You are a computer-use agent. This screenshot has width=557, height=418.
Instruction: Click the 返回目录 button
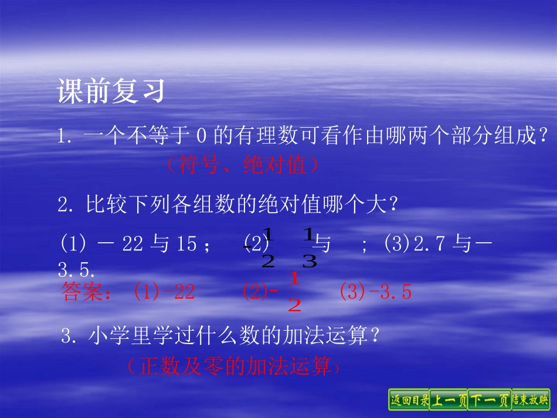tap(409, 400)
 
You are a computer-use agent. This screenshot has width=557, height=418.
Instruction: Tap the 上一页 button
tap(449, 400)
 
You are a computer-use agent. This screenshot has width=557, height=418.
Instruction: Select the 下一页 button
tap(489, 400)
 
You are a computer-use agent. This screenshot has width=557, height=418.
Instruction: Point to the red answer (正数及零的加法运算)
tap(232, 366)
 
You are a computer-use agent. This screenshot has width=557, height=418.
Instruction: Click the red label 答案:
tap(86, 293)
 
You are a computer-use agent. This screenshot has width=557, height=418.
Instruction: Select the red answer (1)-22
tap(164, 292)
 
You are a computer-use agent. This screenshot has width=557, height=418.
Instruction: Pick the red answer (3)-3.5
tap(376, 292)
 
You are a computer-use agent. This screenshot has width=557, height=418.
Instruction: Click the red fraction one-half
tap(294, 293)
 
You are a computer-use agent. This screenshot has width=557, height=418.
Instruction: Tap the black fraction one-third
tap(309, 249)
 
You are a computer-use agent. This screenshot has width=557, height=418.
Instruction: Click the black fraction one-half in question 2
tap(268, 249)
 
